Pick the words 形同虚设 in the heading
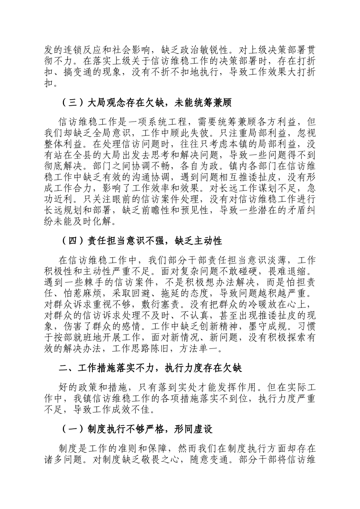click(x=194, y=429)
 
